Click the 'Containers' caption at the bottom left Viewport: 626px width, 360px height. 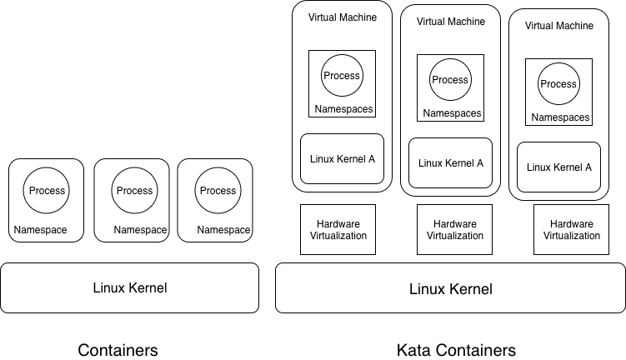coord(118,350)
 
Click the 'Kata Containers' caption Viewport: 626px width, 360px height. coord(456,350)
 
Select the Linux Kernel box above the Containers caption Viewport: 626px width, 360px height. coord(129,288)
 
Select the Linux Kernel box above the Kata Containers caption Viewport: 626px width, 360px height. coord(450,289)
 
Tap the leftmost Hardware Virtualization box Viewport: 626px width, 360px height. coord(338,229)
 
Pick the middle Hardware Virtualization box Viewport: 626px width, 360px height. coord(454,229)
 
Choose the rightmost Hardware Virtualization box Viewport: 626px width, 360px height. coord(571,229)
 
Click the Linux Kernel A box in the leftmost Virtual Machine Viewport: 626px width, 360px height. coord(342,159)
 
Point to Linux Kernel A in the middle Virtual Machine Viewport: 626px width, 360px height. coord(450,163)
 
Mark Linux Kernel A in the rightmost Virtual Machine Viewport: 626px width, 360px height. coord(558,167)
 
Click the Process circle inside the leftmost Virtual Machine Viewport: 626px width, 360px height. coord(342,76)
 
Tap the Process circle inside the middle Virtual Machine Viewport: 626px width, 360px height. coord(450,80)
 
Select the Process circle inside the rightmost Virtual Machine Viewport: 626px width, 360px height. coord(558,84)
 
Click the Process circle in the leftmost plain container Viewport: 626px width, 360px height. coord(47,191)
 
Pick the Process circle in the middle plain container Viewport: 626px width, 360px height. coord(134,191)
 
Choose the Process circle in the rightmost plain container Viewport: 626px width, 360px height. coord(218,191)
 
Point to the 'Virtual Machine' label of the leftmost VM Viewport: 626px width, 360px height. coord(342,17)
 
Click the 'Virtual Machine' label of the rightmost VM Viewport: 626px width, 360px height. coord(558,26)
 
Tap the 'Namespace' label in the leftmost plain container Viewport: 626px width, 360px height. coord(40,230)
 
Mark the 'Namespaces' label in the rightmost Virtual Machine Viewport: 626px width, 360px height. coord(560,117)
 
